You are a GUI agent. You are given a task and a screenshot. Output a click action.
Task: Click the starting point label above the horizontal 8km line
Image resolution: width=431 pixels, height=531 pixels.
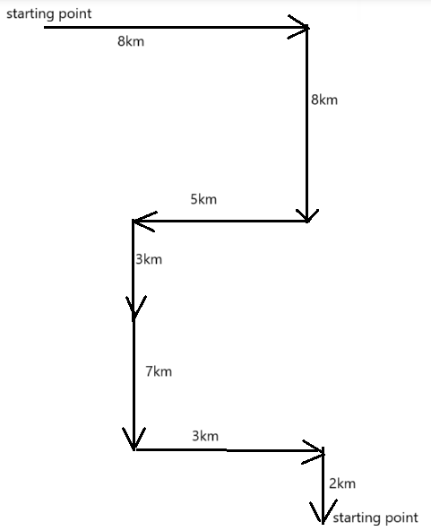(49, 14)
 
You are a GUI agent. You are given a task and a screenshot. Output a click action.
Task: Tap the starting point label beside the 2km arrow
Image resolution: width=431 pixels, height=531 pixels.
(375, 518)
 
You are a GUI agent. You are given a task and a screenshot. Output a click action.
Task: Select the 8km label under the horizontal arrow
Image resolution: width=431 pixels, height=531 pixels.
(131, 41)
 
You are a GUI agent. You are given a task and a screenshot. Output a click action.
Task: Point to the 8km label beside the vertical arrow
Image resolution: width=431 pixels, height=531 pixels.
(324, 100)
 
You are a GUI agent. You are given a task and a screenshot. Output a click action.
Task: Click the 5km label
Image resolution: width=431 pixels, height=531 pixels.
(203, 199)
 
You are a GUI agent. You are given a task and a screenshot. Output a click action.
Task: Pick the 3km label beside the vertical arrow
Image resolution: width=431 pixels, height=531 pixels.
(149, 259)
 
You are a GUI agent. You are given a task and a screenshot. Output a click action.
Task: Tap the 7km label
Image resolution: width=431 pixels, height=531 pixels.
(159, 371)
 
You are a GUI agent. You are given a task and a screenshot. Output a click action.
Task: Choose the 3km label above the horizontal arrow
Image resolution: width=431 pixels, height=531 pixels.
(205, 436)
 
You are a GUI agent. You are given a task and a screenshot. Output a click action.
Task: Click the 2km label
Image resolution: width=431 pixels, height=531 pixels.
(342, 483)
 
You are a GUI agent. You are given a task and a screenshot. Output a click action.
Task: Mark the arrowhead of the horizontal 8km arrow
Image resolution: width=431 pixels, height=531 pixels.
(299, 27)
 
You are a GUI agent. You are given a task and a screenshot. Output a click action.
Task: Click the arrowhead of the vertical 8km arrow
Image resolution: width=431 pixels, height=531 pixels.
(307, 215)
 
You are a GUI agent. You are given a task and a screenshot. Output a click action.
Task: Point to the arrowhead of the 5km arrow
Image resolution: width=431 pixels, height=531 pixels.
(143, 222)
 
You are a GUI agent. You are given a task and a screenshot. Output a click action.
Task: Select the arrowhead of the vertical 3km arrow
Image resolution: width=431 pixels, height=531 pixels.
(135, 307)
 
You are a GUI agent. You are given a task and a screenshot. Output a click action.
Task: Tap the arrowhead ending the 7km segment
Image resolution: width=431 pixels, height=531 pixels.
(134, 439)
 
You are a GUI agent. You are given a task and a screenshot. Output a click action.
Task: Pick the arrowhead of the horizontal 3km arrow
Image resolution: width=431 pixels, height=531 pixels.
(314, 452)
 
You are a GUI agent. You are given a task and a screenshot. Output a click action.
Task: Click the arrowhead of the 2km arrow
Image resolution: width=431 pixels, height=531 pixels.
(323, 511)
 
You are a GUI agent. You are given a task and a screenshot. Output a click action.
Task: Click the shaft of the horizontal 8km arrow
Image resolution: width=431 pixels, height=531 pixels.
(176, 27)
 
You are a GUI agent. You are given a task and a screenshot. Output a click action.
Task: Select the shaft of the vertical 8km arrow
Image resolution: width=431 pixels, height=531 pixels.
(307, 125)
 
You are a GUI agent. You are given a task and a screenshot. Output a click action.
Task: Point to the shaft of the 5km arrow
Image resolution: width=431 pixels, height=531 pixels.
(220, 222)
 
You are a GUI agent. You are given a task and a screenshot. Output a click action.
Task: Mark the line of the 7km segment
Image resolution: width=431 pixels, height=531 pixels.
(134, 385)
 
